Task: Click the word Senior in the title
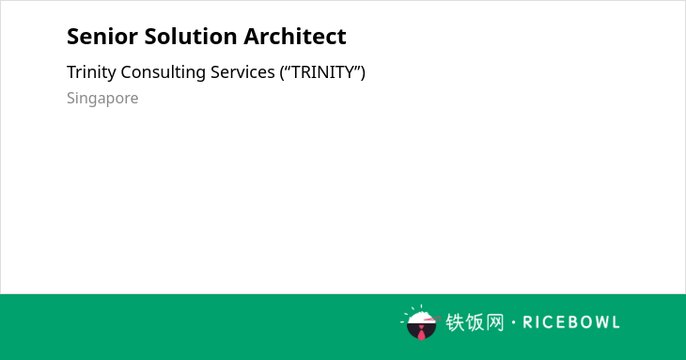pyautogui.click(x=102, y=37)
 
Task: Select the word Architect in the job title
pyautogui.click(x=295, y=37)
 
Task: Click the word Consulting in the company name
pyautogui.click(x=164, y=72)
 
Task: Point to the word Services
pyautogui.click(x=242, y=72)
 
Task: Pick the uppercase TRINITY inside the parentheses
pyautogui.click(x=323, y=72)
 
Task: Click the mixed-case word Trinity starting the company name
pyautogui.click(x=91, y=72)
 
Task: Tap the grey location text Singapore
pyautogui.click(x=102, y=99)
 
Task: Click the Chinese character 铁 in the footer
pyautogui.click(x=455, y=322)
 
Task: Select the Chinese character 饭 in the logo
pyautogui.click(x=475, y=322)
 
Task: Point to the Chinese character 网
pyautogui.click(x=495, y=322)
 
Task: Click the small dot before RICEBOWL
pyautogui.click(x=514, y=322)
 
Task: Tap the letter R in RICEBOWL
pyautogui.click(x=527, y=322)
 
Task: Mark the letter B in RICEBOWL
pyautogui.click(x=567, y=322)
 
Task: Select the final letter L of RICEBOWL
pyautogui.click(x=616, y=322)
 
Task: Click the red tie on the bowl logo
pyautogui.click(x=421, y=333)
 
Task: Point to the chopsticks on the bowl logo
pyautogui.click(x=433, y=320)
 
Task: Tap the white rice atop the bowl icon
pyautogui.click(x=420, y=317)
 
